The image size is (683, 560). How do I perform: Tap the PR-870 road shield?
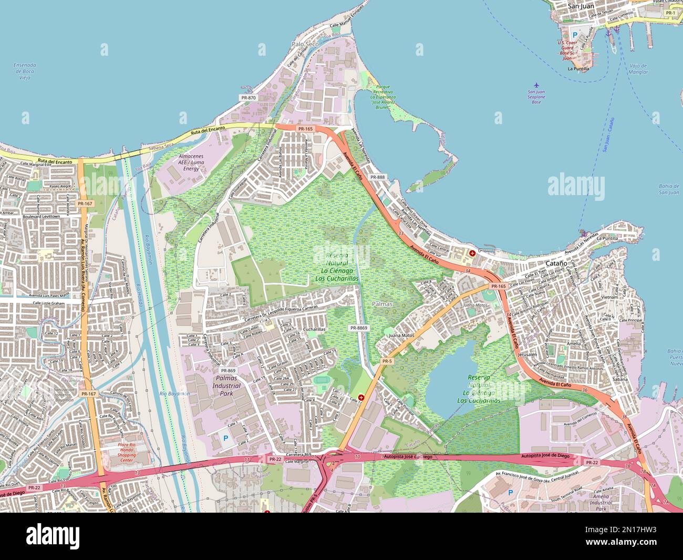(x=248, y=97)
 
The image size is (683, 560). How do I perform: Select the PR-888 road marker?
(x=377, y=177)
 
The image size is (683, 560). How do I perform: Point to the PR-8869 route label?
(x=359, y=328)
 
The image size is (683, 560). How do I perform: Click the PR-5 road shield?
(x=387, y=361)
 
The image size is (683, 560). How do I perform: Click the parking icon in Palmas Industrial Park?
(x=226, y=437)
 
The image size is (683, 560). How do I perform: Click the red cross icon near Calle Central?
(x=472, y=253)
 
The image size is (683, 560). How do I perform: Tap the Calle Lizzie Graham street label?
(x=48, y=303)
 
